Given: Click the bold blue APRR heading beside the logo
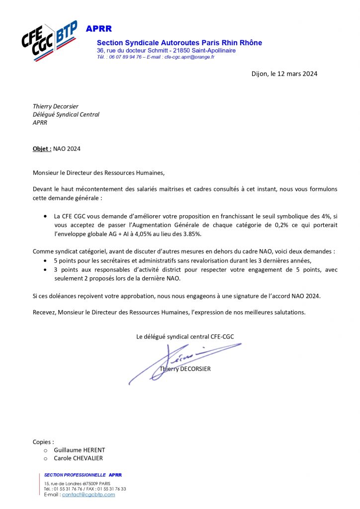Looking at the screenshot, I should (99, 29).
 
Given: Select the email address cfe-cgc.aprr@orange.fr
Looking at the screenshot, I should (189, 57).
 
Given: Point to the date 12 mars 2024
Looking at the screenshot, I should (293, 74).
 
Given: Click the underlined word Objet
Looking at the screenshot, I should (42, 149).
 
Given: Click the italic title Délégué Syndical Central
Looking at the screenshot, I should (66, 114).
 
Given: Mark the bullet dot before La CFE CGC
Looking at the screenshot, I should (46, 217).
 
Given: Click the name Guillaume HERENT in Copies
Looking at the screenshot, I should (79, 450).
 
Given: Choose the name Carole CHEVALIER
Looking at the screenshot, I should (78, 458).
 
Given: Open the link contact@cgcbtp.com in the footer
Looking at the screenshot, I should (89, 495).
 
